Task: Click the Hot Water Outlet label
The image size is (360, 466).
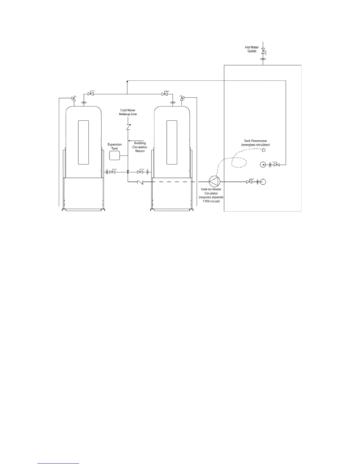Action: point(252,49)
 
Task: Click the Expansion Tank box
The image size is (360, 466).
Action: point(114,155)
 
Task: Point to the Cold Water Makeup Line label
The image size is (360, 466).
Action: point(128,112)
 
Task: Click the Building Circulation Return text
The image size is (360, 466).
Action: point(140,147)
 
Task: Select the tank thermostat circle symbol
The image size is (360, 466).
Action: point(264,150)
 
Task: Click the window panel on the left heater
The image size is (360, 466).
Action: point(83,142)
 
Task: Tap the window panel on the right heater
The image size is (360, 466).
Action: point(172,142)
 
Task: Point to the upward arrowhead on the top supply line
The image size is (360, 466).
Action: point(127,82)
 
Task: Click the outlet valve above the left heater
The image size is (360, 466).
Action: point(91,94)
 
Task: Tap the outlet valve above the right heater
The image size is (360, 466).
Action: point(165,94)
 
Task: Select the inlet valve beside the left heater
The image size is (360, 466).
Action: point(112,172)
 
